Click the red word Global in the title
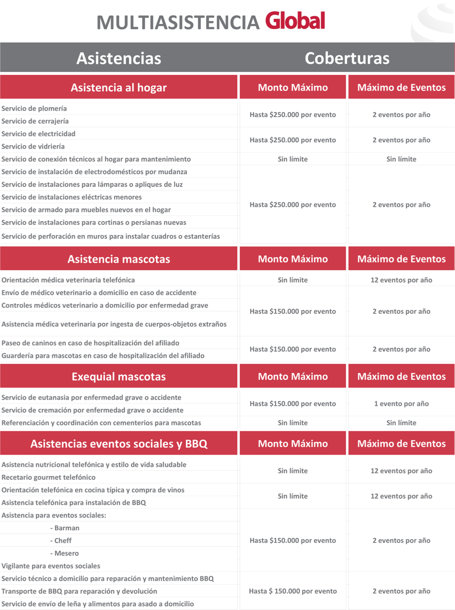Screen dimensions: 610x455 pyautogui.click(x=295, y=21)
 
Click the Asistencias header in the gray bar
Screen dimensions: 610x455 pyautogui.click(x=119, y=58)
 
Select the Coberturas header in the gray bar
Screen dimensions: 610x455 pyautogui.click(x=347, y=58)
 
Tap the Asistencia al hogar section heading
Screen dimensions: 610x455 pyautogui.click(x=119, y=87)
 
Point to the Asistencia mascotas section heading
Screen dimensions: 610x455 pyautogui.click(x=119, y=259)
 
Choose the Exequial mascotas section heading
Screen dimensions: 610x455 pyautogui.click(x=119, y=376)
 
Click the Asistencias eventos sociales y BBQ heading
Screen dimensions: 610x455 pyautogui.click(x=119, y=444)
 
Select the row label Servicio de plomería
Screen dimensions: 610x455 pyautogui.click(x=34, y=109)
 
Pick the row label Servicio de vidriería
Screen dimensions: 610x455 pyautogui.click(x=33, y=146)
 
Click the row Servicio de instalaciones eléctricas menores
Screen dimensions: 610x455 pyautogui.click(x=72, y=197)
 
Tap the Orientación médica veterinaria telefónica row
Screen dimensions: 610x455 pyautogui.click(x=68, y=280)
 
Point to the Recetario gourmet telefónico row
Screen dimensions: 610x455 pyautogui.click(x=49, y=477)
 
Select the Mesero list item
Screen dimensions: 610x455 pyautogui.click(x=64, y=553)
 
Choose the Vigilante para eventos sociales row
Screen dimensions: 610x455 pyautogui.click(x=51, y=566)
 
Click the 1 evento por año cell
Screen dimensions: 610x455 pyautogui.click(x=401, y=404)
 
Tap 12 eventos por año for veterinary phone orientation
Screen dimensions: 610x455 pyautogui.click(x=401, y=280)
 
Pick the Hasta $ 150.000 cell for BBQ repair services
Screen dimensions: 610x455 pyautogui.click(x=293, y=591)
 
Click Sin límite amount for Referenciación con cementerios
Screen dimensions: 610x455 pyautogui.click(x=293, y=423)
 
